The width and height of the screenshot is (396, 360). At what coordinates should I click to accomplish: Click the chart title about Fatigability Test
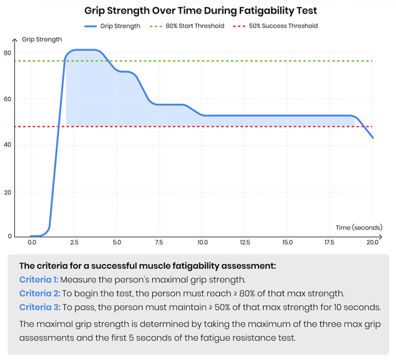(200, 11)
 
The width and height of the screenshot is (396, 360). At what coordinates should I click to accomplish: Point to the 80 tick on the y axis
(8, 53)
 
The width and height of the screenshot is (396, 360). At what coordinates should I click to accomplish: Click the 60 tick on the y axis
(8, 99)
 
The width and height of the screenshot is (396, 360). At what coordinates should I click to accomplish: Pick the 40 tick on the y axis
(8, 145)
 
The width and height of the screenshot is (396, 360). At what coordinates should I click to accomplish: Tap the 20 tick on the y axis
(8, 192)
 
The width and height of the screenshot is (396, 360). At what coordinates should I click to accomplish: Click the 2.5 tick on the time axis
(74, 242)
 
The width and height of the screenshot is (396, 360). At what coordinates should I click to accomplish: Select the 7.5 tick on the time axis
(159, 242)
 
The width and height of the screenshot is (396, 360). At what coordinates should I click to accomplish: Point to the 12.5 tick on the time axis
(244, 242)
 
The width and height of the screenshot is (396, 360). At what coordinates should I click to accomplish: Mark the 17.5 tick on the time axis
(330, 242)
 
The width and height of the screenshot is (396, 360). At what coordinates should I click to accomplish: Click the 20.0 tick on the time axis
(372, 242)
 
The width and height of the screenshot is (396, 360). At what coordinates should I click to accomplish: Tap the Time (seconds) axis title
(359, 227)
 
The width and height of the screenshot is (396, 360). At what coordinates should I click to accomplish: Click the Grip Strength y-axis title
(42, 40)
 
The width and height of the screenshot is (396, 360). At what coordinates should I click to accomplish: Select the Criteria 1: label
(39, 279)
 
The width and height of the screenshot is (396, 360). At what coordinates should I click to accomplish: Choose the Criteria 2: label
(39, 293)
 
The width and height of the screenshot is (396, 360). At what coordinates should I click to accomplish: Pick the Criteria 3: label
(39, 307)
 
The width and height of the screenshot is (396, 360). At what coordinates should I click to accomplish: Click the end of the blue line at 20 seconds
(373, 138)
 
